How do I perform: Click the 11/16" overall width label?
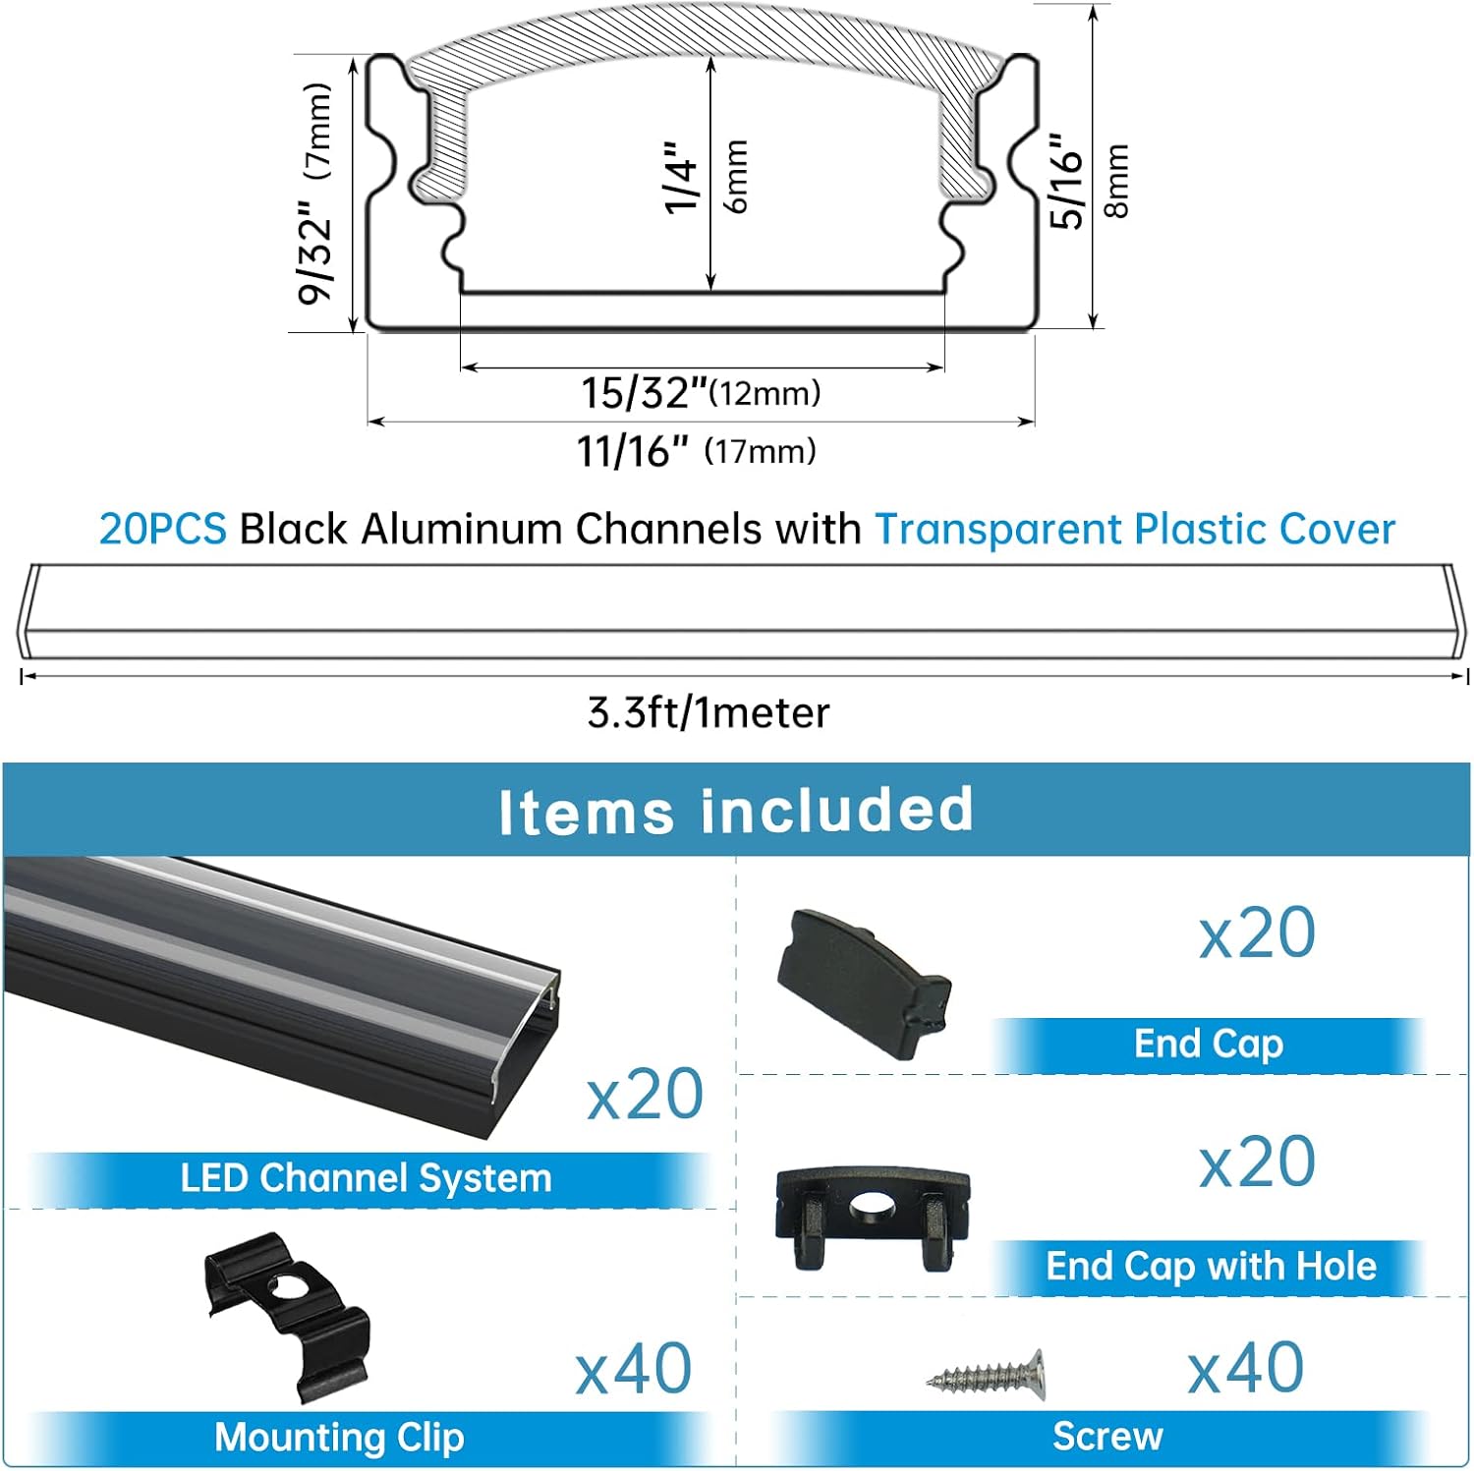coord(632,452)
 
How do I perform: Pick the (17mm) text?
coord(760,452)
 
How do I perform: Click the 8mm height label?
coord(1117,180)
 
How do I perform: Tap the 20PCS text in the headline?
coord(162,529)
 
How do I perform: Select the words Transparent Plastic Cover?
coord(1134,529)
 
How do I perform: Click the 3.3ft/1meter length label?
coord(708,712)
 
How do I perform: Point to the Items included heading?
coord(735,811)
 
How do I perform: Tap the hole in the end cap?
coord(871,1206)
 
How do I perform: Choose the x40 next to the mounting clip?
coord(633,1369)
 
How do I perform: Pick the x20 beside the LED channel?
coord(645,1094)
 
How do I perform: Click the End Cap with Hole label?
coord(1211,1267)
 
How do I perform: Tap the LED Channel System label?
coord(366,1178)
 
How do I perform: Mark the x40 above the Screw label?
coord(1245,1367)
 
